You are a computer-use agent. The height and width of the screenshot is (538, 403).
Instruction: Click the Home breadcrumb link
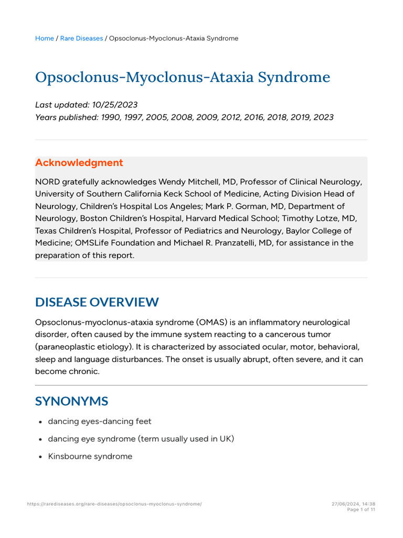44,38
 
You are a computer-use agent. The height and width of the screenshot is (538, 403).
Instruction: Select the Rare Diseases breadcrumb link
81,38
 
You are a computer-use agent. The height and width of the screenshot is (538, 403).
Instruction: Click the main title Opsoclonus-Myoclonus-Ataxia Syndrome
183,77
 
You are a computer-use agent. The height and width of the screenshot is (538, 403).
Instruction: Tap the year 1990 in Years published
110,117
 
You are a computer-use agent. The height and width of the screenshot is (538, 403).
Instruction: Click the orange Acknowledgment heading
79,163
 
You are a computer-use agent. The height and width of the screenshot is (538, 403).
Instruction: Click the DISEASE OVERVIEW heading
97,302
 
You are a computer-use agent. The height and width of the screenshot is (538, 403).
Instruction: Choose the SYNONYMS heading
71,401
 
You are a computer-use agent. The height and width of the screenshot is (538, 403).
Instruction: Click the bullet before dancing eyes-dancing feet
41,421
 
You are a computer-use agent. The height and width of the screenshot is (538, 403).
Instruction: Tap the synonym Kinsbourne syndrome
90,457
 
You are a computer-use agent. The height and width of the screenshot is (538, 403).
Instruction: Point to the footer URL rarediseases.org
114,504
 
